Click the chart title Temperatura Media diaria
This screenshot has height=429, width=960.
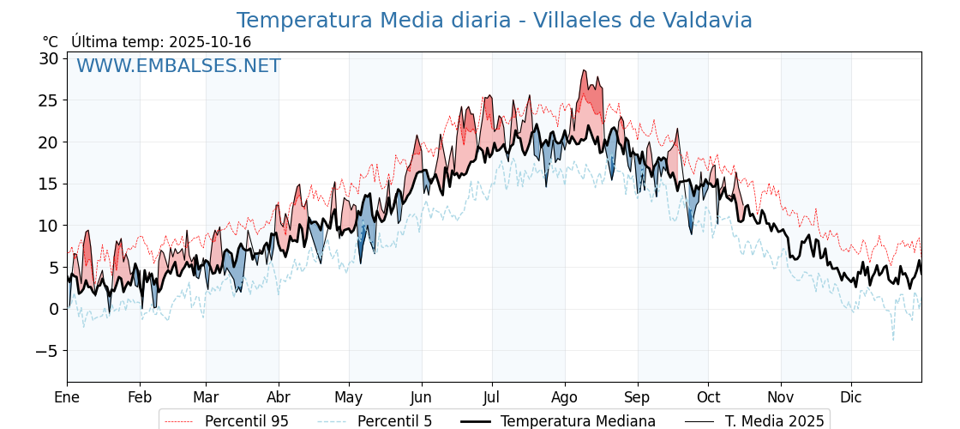point(494,21)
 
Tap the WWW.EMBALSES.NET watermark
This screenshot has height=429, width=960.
point(178,66)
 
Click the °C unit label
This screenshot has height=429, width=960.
point(50,42)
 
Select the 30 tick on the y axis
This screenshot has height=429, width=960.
point(48,58)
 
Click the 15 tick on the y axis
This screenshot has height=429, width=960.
point(48,184)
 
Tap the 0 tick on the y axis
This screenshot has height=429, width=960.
point(53,309)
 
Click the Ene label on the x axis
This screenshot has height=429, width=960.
point(67,397)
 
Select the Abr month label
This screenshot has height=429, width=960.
point(279,397)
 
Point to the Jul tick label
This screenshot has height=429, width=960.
point(492,397)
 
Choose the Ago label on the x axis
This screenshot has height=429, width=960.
point(565,397)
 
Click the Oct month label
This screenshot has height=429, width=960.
point(708,397)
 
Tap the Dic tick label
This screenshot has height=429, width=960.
point(851,397)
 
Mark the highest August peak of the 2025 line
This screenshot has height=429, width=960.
point(584,70)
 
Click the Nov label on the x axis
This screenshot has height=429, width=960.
point(781,397)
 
